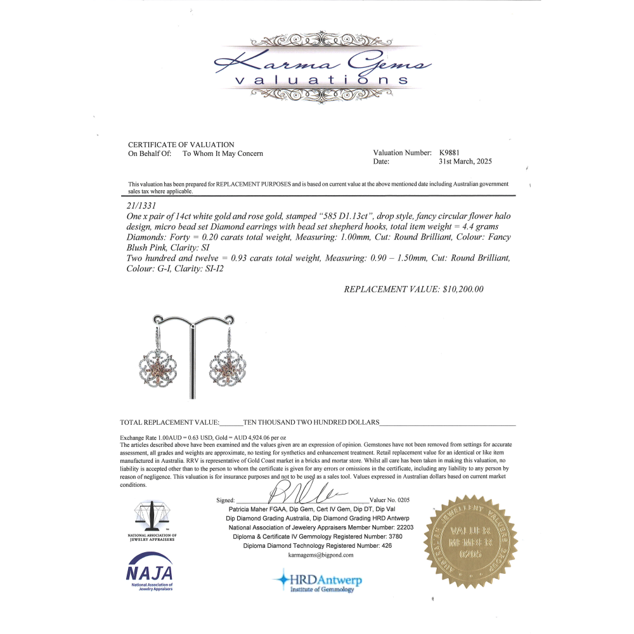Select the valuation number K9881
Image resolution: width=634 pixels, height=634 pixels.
[450, 153]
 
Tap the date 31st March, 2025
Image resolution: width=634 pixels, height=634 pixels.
[465, 162]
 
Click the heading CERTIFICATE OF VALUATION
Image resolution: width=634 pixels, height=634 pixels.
[181, 145]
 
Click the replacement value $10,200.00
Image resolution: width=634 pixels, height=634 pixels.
[462, 289]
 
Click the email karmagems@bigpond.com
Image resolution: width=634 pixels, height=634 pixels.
[321, 555]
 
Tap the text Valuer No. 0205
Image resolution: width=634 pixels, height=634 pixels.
[389, 500]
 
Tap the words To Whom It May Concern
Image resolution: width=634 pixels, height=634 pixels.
[223, 153]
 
